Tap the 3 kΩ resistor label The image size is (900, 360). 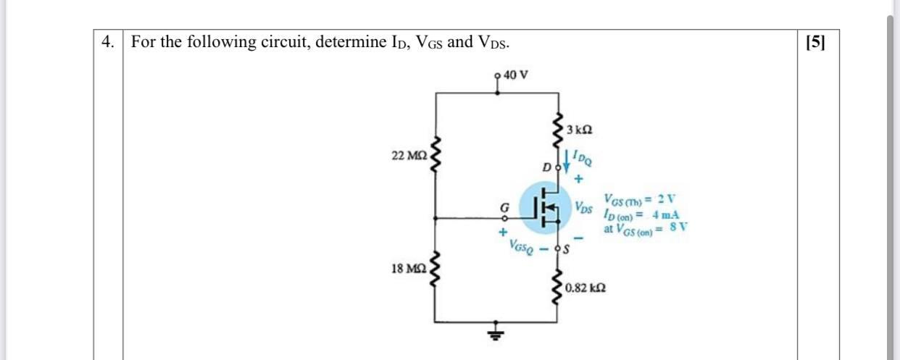click(x=580, y=130)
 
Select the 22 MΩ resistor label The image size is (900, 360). click(x=409, y=156)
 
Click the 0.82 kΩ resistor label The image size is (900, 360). click(x=587, y=288)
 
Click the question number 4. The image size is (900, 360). click(x=108, y=42)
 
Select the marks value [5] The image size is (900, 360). click(x=815, y=42)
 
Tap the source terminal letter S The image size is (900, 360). click(x=568, y=250)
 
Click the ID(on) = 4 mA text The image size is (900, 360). click(x=641, y=214)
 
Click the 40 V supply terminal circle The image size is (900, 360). click(x=496, y=75)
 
